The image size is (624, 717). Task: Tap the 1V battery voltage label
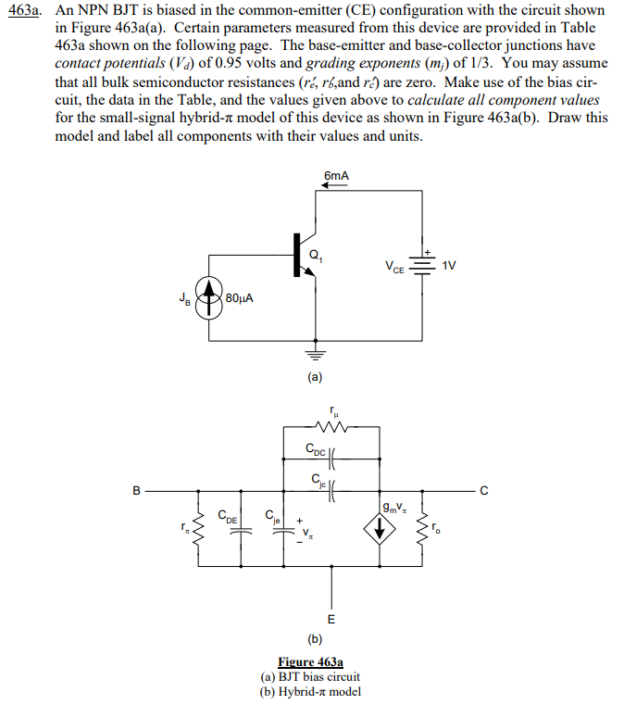[450, 266]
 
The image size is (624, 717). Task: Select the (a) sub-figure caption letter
[315, 377]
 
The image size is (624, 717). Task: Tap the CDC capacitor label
[314, 450]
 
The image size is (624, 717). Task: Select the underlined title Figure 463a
[311, 663]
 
